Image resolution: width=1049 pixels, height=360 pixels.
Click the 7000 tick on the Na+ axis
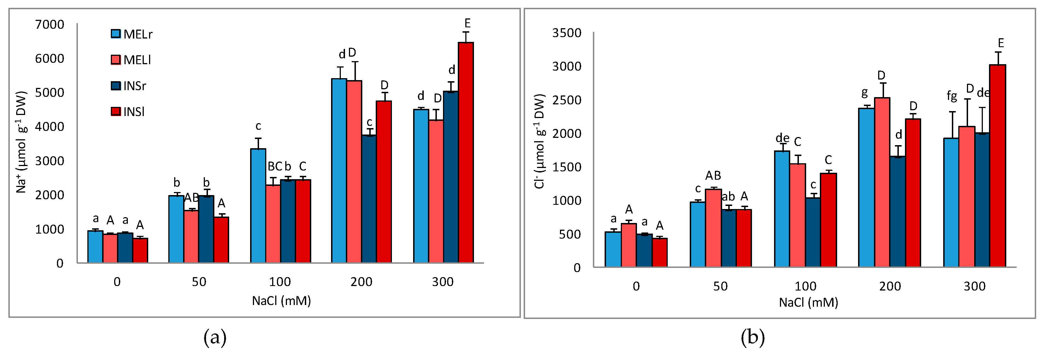pos(49,25)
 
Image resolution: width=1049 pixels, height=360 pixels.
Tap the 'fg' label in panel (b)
pos(952,96)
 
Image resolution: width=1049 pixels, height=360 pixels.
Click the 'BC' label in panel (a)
pos(274,167)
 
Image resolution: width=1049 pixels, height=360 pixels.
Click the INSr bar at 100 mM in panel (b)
pos(813,232)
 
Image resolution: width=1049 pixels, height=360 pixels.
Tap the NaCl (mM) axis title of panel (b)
pos(808,303)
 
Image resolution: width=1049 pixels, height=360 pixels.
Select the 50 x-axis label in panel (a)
pos(199,282)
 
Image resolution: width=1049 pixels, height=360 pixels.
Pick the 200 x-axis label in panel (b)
pos(890,286)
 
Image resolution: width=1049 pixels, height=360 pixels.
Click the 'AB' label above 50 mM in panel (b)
pos(713,176)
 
